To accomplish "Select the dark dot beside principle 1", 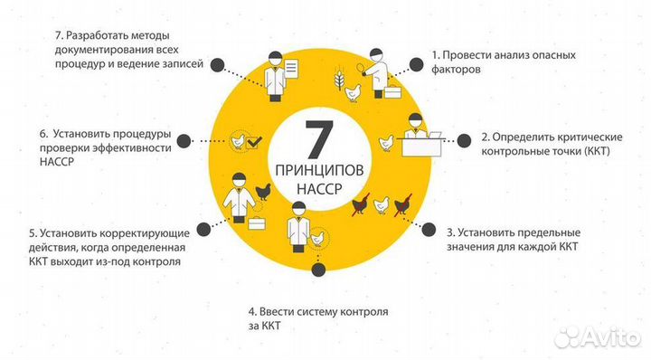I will click(418, 65).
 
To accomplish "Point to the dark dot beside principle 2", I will click(463, 140).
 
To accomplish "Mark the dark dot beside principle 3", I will click(428, 228).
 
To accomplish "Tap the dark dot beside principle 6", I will click(183, 140).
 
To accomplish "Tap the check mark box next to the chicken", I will click(255, 141).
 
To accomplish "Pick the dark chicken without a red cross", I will click(265, 191).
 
